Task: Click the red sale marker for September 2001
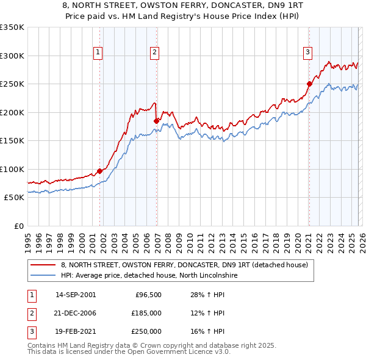[99, 171]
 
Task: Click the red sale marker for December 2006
[156, 121]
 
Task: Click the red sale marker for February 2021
[309, 84]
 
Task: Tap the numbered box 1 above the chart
[98, 53]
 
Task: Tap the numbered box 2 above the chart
[155, 53]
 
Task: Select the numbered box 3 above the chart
[308, 53]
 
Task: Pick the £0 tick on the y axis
[18, 226]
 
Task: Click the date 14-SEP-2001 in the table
[76, 295]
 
